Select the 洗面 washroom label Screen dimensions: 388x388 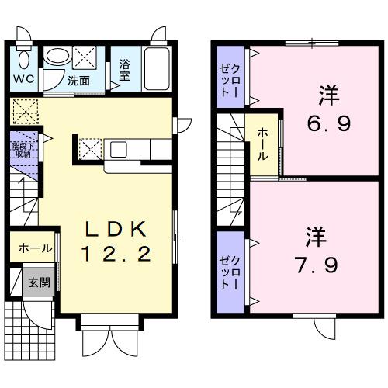pos(77,79)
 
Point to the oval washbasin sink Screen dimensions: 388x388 pos(55,56)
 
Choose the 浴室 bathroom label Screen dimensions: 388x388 pos(124,71)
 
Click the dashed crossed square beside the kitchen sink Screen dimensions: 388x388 pos(88,147)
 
